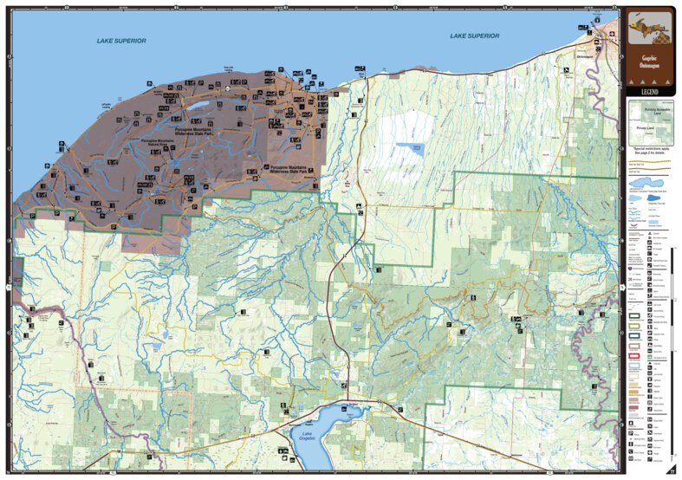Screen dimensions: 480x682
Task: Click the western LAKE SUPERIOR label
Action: (121, 41)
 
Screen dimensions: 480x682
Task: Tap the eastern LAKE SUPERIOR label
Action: (474, 36)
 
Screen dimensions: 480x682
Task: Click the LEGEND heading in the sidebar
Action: (649, 91)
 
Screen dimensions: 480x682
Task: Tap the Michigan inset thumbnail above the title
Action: (649, 29)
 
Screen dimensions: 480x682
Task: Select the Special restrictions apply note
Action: (649, 152)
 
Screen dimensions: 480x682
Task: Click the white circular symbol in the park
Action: (227, 88)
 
